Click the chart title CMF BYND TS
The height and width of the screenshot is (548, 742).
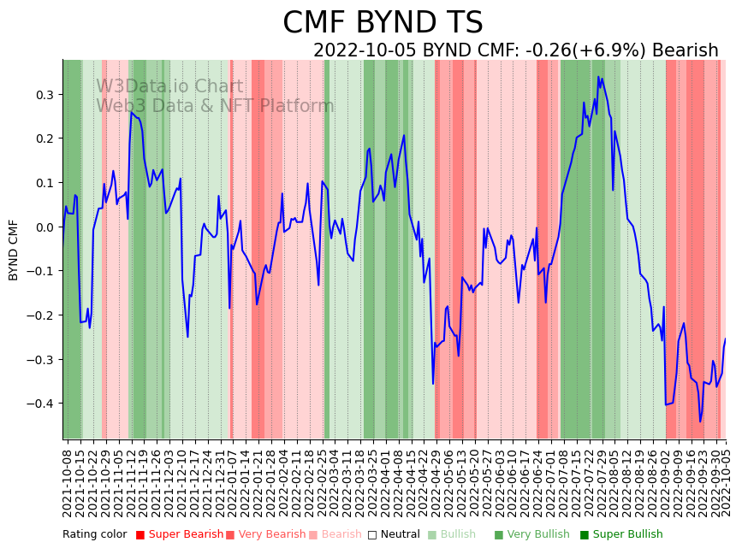pyautogui.click(x=383, y=23)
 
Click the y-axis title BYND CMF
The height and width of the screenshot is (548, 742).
pyautogui.click(x=14, y=250)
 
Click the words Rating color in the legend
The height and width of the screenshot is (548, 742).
pyautogui.click(x=94, y=534)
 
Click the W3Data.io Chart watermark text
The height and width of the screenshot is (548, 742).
pyautogui.click(x=169, y=86)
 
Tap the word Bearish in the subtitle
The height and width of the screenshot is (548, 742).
pyautogui.click(x=685, y=50)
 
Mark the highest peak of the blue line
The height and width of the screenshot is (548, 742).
pyautogui.click(x=598, y=77)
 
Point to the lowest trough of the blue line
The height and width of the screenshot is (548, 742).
pyautogui.click(x=700, y=421)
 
